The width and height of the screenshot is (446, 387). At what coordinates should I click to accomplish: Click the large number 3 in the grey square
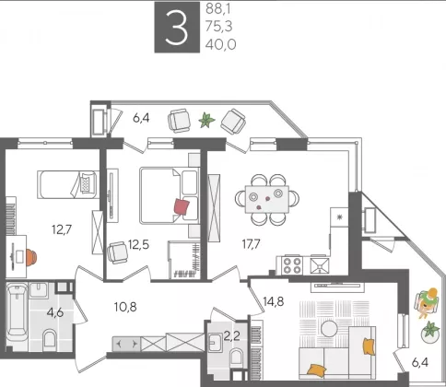[177, 27]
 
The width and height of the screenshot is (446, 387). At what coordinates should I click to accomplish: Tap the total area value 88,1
[218, 9]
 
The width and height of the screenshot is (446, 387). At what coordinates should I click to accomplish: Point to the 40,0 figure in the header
[221, 45]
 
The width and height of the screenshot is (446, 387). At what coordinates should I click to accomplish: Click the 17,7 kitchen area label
[251, 244]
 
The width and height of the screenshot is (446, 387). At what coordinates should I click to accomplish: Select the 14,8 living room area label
[274, 301]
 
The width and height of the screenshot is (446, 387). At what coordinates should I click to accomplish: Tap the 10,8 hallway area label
[125, 307]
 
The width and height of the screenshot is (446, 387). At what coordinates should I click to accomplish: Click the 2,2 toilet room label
[231, 337]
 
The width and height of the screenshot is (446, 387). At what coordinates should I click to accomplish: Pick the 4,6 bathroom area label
[55, 312]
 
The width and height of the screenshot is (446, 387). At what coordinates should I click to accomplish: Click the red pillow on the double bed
[182, 206]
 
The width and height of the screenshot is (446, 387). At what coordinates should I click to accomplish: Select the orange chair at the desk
[31, 257]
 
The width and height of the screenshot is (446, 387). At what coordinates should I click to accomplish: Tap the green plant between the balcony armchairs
[206, 120]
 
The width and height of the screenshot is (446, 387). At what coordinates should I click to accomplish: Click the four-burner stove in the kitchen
[292, 265]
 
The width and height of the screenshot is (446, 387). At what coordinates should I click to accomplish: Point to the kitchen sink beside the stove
[320, 265]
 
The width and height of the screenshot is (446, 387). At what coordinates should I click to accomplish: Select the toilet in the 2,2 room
[236, 358]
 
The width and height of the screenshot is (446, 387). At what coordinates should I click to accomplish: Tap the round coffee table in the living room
[329, 329]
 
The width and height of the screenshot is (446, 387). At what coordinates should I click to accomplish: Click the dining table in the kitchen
[267, 199]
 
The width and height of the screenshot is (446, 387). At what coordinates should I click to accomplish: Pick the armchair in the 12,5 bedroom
[117, 252]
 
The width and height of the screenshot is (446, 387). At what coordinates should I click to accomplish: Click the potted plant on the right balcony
[430, 332]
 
